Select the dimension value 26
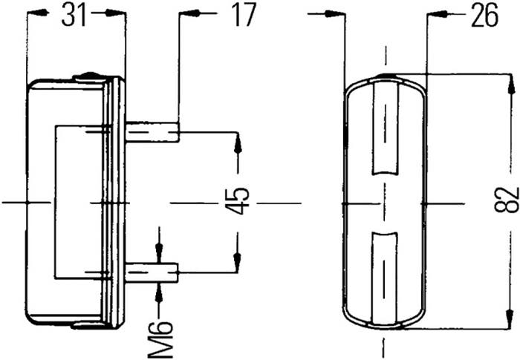click(485, 15)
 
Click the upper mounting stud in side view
click(152, 132)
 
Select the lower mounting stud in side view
click(152, 273)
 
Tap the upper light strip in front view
click(385, 128)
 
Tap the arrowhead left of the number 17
click(190, 13)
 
